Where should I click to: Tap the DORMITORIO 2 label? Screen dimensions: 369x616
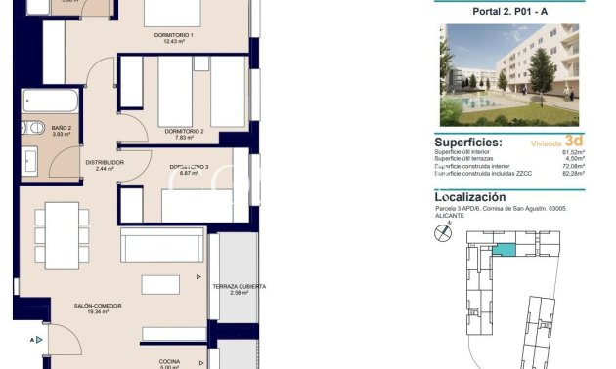pyautogui.click(x=184, y=131)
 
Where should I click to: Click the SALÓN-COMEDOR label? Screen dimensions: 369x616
pyautogui.click(x=98, y=306)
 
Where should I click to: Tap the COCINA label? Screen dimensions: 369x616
pyautogui.click(x=169, y=360)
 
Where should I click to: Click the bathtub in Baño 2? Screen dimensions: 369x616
pyautogui.click(x=49, y=101)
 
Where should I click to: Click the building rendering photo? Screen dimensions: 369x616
pyautogui.click(x=508, y=74)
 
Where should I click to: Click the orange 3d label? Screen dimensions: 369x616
pyautogui.click(x=574, y=140)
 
